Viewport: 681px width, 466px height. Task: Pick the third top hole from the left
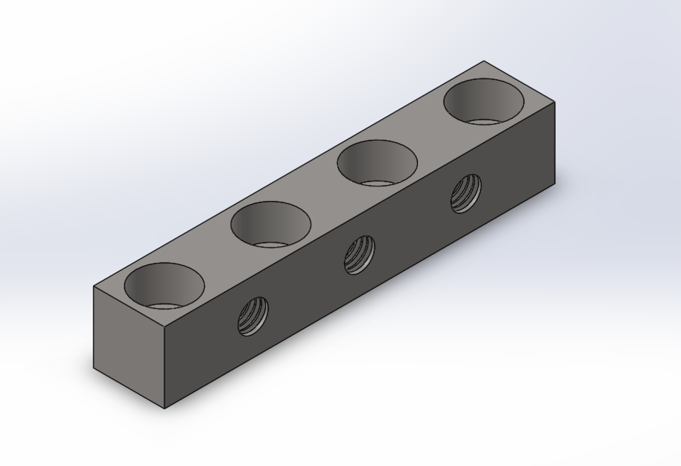377,162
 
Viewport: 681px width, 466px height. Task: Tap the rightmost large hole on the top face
484,100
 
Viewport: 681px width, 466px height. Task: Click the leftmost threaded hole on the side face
253,316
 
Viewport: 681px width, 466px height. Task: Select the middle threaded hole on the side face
359,254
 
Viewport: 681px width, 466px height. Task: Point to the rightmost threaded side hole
465,193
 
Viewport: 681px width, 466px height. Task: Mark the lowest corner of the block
165,408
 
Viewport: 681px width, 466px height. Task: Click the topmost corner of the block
484,61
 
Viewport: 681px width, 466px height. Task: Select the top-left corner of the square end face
95,287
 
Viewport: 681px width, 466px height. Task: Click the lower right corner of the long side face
555,183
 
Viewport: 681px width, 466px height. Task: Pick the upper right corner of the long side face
555,102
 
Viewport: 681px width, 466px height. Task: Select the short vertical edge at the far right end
555,143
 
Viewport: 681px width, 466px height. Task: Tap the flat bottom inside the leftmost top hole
164,305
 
